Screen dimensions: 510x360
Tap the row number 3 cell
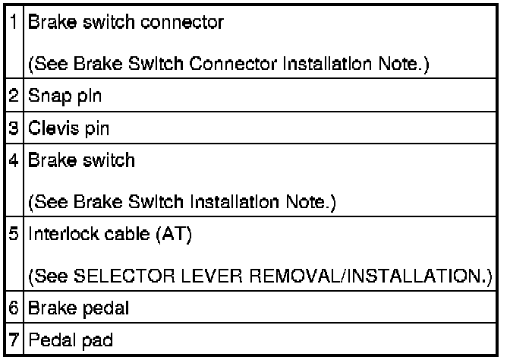[x=16, y=128]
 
